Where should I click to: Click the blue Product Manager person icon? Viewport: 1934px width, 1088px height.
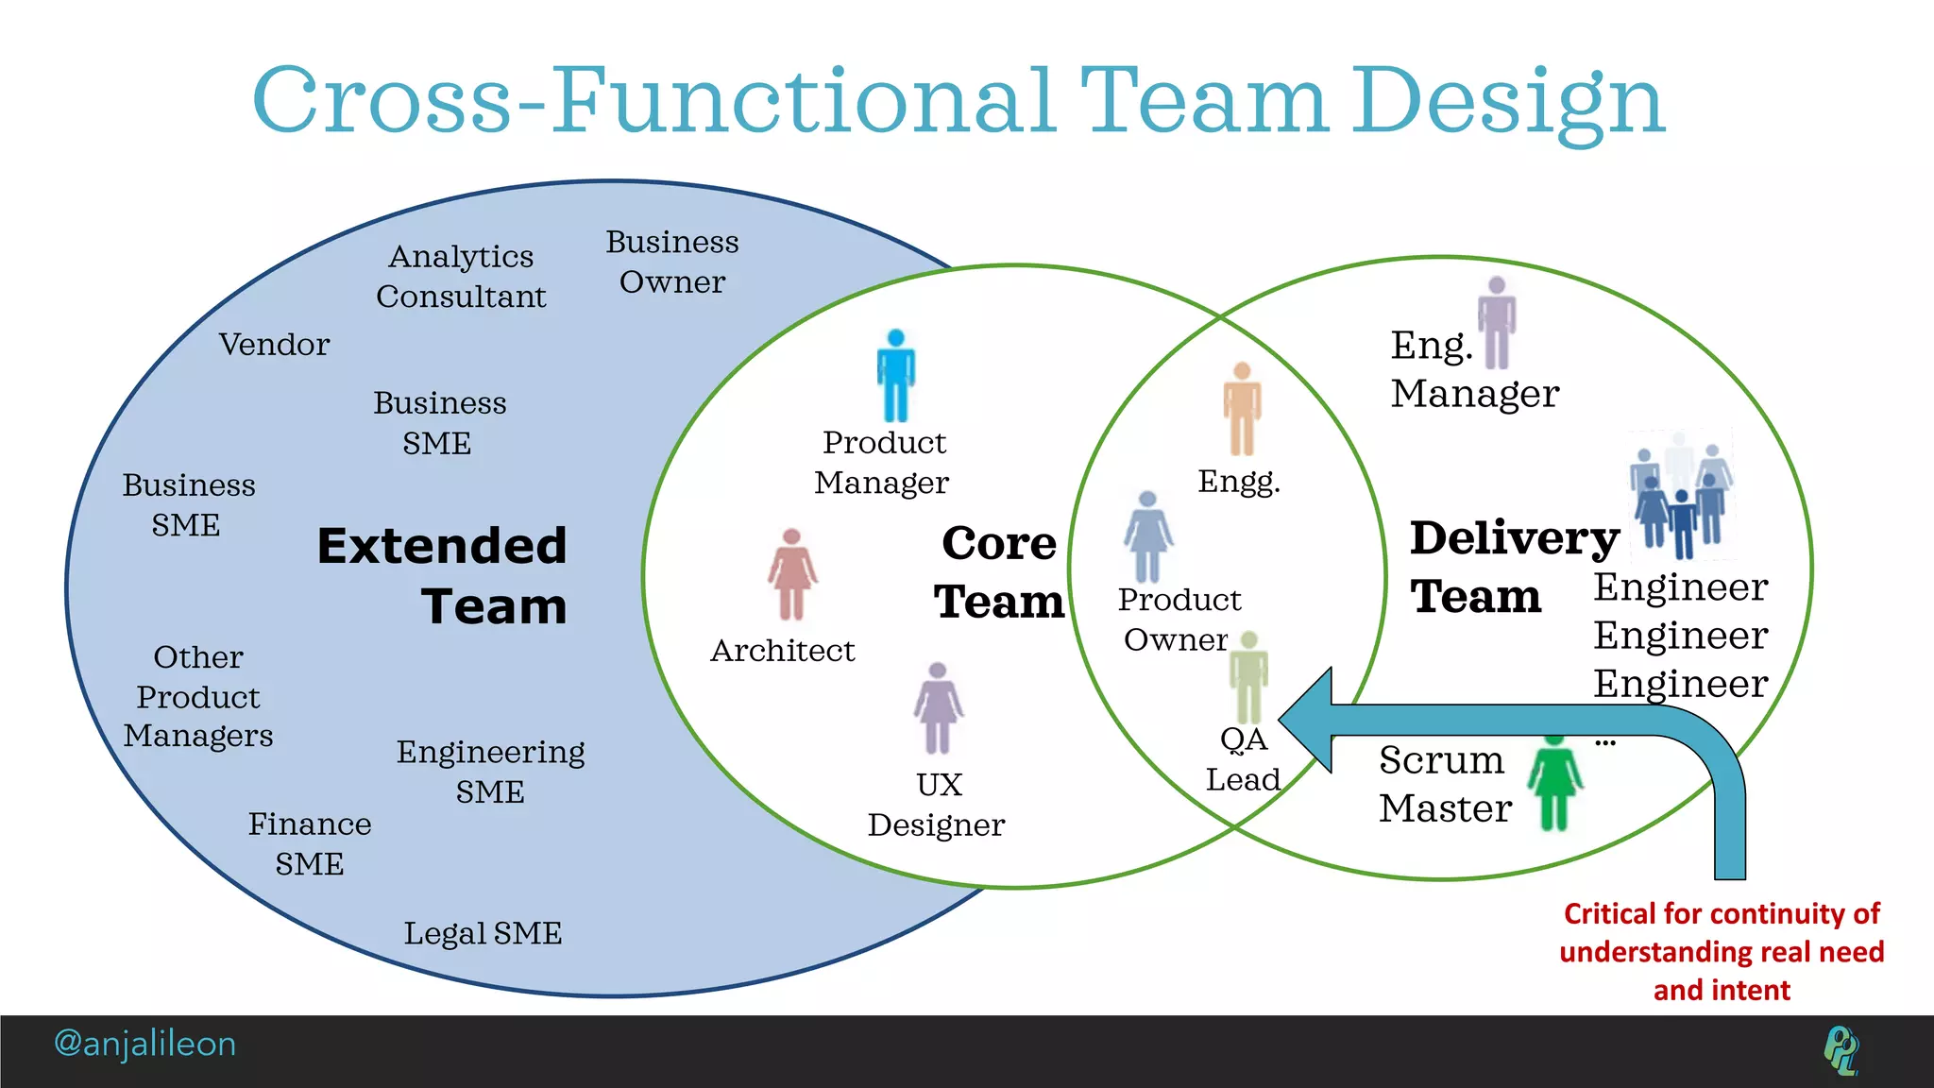(895, 376)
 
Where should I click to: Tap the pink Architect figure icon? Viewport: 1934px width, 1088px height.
(791, 574)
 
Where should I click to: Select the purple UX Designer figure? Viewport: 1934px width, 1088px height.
(938, 708)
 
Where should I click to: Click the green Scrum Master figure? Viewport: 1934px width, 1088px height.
(1554, 782)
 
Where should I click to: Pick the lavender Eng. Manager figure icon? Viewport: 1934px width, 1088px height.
(1496, 323)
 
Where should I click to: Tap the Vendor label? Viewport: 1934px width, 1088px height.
(274, 345)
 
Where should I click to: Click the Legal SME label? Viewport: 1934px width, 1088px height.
(483, 933)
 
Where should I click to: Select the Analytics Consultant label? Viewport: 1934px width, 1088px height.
(461, 276)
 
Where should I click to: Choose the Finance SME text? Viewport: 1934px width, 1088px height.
(310, 843)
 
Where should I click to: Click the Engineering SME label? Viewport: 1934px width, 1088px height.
(490, 771)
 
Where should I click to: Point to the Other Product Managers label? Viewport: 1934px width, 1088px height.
(198, 696)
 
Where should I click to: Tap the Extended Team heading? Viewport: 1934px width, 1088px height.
(442, 575)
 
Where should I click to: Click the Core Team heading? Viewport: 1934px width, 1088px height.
(999, 571)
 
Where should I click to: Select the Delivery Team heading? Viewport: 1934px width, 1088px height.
(1514, 567)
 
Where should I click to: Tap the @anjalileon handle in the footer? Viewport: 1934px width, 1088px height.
(144, 1044)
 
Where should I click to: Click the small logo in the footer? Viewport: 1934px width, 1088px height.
(1841, 1050)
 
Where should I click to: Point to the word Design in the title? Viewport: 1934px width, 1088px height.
(1508, 102)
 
